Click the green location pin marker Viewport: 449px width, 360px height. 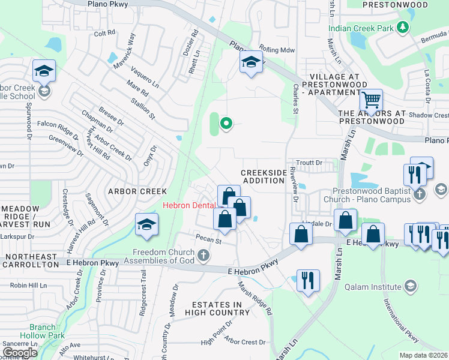pos(226,124)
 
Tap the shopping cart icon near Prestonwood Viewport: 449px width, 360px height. pos(372,100)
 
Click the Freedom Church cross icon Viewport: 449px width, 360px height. pos(204,256)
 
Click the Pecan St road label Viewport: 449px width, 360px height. pos(210,242)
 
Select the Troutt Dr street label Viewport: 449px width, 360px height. pos(310,163)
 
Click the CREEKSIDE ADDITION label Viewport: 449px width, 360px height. pos(264,176)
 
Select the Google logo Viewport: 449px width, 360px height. pos(20,352)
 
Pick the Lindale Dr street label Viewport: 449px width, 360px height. pos(318,223)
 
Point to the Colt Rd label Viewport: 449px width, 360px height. pos(104,33)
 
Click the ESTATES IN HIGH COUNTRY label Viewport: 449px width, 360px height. pos(217,308)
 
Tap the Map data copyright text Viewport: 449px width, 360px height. pos(423,355)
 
